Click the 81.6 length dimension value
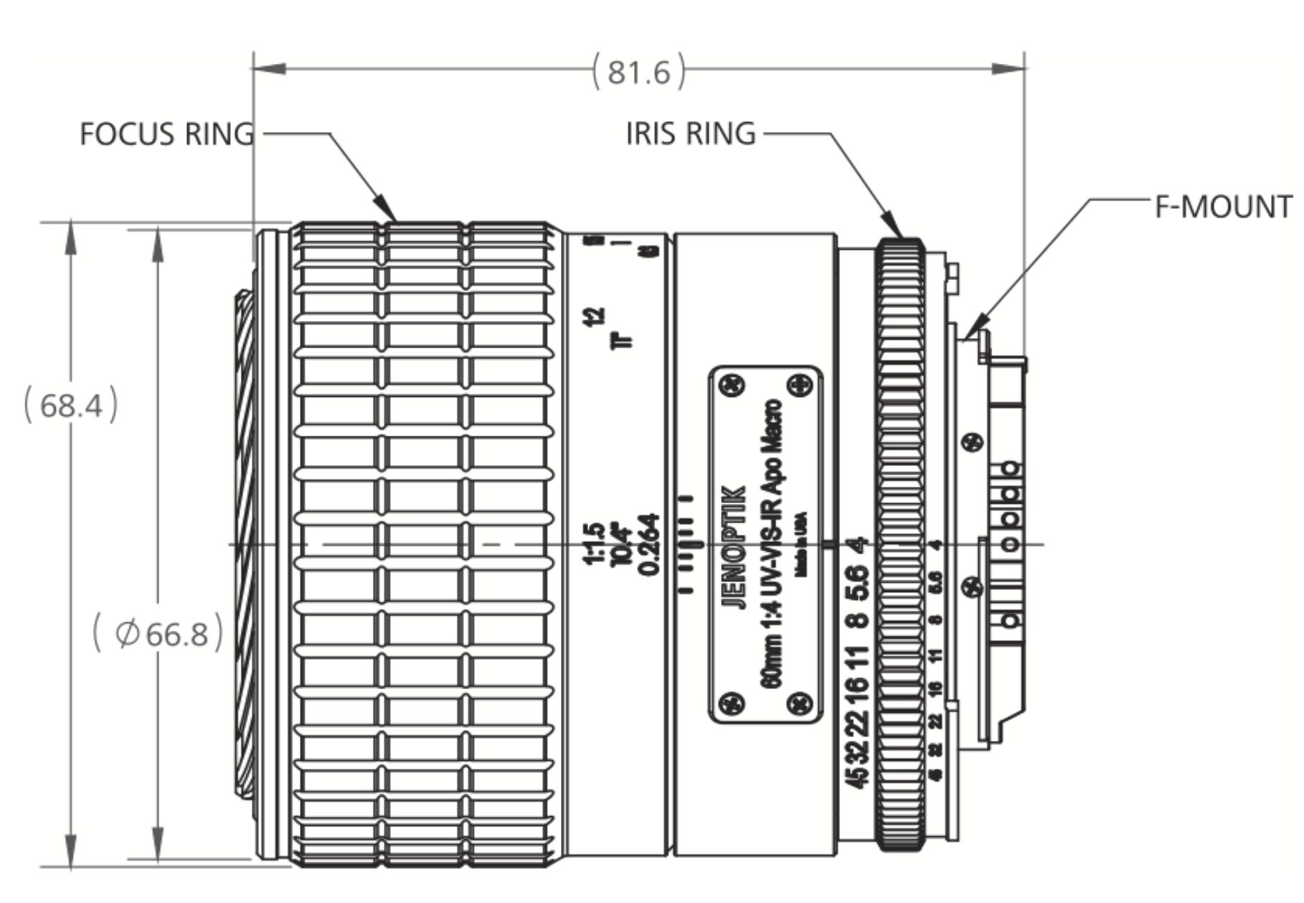click(x=638, y=72)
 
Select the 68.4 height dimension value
click(x=71, y=406)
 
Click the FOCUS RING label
click(x=166, y=134)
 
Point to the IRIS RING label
click(x=691, y=134)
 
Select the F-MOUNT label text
click(x=1227, y=207)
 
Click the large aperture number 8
click(x=858, y=619)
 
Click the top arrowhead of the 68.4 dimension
click(x=71, y=233)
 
